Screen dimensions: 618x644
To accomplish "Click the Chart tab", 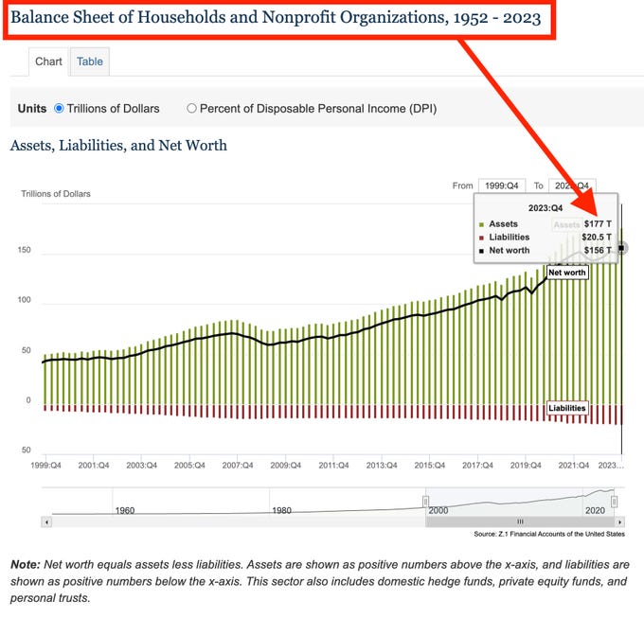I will coord(48,62).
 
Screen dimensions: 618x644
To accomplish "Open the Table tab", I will coord(90,62).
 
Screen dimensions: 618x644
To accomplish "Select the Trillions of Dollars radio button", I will coord(59,108).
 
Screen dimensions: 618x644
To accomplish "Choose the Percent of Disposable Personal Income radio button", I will coord(192,108).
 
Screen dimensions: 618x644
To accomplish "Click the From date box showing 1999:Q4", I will coord(500,186).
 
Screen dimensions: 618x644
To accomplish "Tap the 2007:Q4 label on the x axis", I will coord(238,466).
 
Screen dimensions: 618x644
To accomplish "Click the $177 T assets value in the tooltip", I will coord(598,224).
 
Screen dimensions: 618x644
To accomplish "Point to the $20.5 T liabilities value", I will coord(596,237).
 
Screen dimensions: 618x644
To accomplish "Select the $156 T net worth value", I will coord(598,250).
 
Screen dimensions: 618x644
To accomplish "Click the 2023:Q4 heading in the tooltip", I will coord(545,207).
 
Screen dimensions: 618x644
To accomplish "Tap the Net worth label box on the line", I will coord(567,273).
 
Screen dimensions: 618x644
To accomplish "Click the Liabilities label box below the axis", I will coord(567,408).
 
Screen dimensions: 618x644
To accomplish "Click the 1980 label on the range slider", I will coord(281,510).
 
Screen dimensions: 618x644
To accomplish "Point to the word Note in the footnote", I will coord(26,564).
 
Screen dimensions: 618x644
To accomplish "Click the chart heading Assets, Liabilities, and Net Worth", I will coord(118,146).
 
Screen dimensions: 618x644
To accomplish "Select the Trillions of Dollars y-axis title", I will coord(56,194).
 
